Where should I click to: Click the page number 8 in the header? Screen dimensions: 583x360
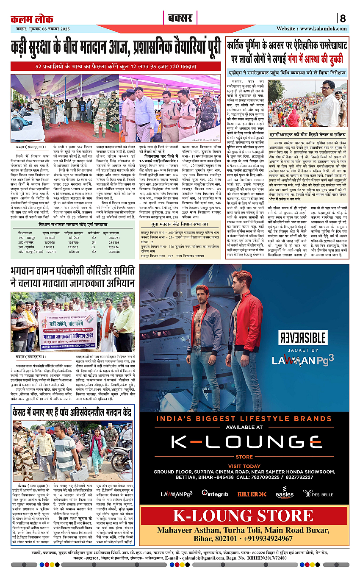[x=343, y=19]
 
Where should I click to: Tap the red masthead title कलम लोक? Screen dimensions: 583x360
[x=32, y=19]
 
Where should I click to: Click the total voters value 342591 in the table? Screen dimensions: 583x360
[x=115, y=238]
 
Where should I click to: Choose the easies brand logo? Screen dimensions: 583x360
[x=284, y=494]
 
